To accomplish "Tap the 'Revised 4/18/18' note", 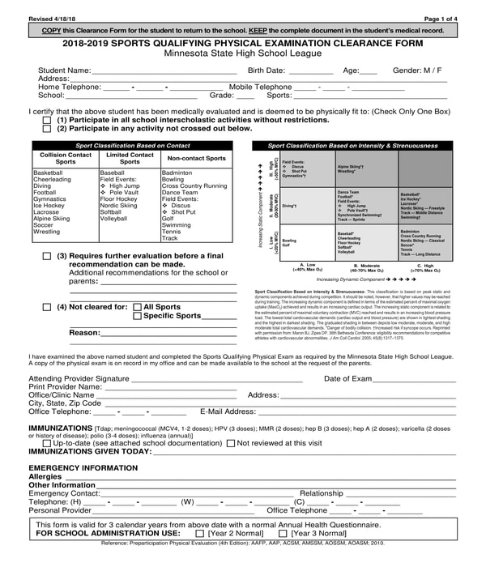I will (52, 18).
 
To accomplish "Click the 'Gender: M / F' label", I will (418, 70).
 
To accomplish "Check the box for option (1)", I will (46, 120).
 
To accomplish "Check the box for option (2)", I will (46, 129).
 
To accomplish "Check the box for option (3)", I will (46, 256).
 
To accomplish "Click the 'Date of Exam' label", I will (347, 378).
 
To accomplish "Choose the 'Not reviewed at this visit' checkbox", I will (231, 443).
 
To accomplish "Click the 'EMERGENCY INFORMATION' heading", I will (83, 468).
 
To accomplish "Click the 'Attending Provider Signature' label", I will (79, 378).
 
